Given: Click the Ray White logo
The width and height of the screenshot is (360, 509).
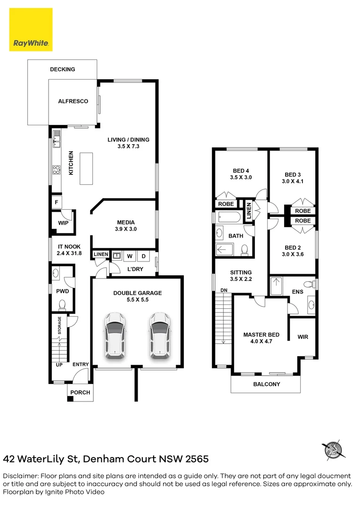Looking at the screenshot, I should pos(31,30).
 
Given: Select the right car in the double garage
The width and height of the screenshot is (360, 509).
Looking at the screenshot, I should pos(159,335).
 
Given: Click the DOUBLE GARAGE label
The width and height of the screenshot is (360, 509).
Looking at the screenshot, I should pos(137,293).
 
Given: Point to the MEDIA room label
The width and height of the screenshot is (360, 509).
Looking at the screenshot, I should pos(126,222).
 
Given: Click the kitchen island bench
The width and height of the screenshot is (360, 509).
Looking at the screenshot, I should pos(86,168).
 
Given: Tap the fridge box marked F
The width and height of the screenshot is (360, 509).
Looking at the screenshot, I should pos(57,202).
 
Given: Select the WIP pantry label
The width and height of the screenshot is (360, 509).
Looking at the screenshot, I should pos(63,223).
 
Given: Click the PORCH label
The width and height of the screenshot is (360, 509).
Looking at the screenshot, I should pos(80,393).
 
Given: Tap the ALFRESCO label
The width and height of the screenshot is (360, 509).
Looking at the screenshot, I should pos(73,101).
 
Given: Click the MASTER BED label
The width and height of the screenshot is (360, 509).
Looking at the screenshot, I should pos(261,335).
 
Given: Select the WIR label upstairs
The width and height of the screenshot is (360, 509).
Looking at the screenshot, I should pos(303,337).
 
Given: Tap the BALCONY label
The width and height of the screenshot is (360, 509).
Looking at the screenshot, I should pos(266,384).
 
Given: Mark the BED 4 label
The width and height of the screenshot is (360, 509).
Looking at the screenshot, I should pos(241,171).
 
